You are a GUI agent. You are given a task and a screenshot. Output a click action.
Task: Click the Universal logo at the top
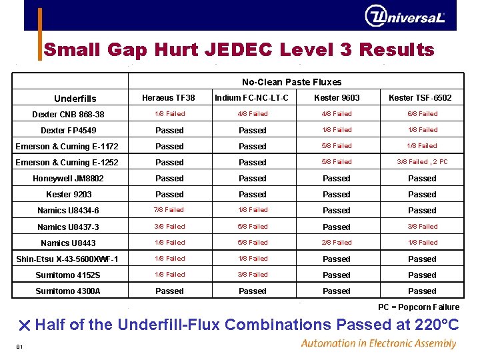click(x=404, y=16)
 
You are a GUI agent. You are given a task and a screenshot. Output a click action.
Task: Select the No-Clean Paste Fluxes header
click(x=291, y=82)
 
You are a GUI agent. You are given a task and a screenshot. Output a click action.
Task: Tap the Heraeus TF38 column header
click(x=169, y=98)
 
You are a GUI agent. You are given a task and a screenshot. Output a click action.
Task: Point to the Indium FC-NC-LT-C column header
click(x=251, y=98)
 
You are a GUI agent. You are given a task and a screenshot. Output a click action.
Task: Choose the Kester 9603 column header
click(x=337, y=98)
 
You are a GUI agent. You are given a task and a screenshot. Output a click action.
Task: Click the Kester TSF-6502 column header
click(x=420, y=98)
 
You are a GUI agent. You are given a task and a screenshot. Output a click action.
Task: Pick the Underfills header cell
click(x=75, y=99)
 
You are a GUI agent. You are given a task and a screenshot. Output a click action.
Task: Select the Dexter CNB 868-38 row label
click(x=68, y=115)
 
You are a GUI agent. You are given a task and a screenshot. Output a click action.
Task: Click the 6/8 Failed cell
click(x=422, y=114)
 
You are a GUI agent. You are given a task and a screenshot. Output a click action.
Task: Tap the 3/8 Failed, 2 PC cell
click(x=422, y=162)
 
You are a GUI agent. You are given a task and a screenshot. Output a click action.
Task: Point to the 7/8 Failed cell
click(x=169, y=210)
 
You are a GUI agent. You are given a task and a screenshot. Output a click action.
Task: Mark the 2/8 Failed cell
click(x=337, y=243)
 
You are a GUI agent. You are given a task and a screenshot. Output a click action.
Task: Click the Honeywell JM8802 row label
click(x=68, y=179)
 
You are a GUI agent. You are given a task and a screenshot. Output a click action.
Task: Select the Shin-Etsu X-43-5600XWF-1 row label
click(x=67, y=259)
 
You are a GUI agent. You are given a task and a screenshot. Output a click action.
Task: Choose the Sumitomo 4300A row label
click(x=68, y=291)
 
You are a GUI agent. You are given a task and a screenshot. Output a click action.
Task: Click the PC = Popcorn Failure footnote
click(x=419, y=307)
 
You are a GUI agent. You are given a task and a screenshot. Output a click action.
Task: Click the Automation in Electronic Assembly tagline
click(x=378, y=344)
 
